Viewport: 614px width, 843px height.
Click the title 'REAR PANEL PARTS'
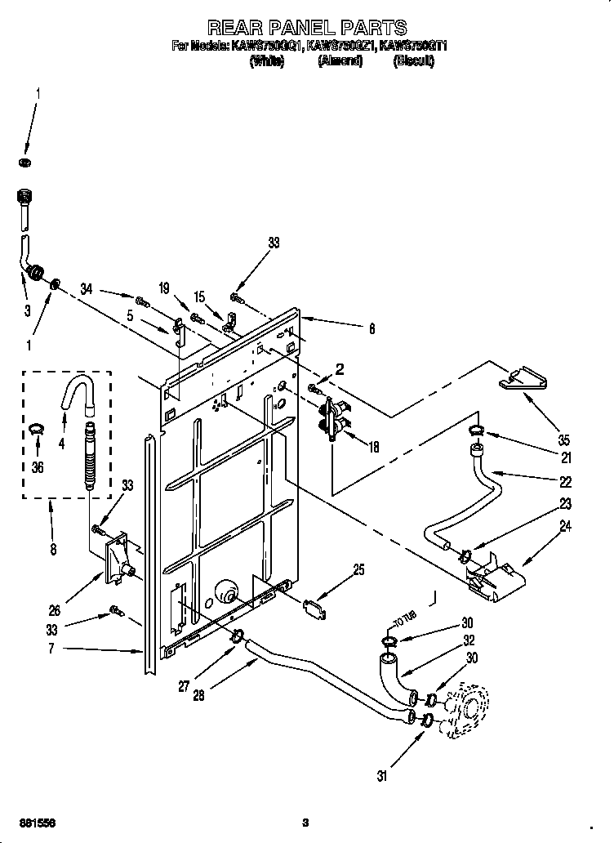[x=307, y=29]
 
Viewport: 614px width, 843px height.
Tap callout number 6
[x=372, y=329]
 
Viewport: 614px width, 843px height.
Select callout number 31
[x=383, y=776]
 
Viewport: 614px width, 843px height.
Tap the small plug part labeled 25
[x=314, y=607]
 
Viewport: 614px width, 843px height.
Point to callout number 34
[x=87, y=288]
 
